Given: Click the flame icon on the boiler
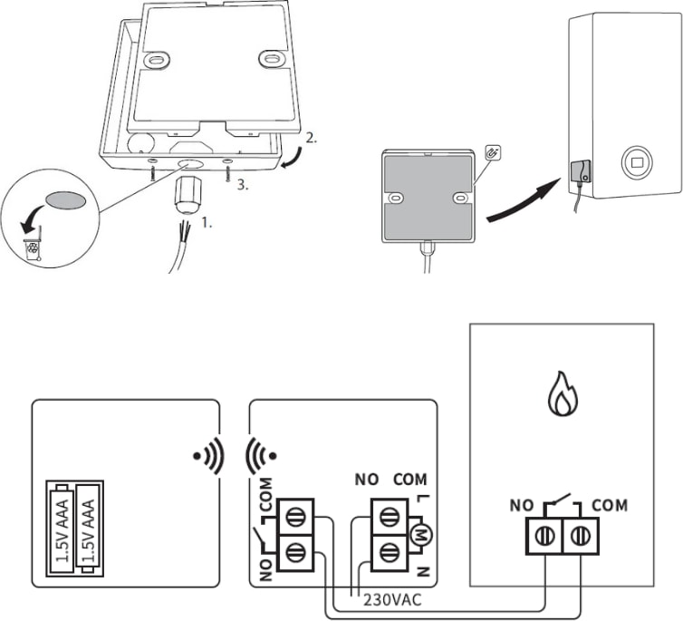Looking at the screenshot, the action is [562, 393].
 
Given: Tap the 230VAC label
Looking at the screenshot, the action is [392, 600].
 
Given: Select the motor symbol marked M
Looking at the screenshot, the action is [421, 535].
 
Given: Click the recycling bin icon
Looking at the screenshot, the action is [33, 249].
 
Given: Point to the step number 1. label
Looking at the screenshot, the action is [207, 223].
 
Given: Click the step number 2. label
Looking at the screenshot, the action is [311, 138].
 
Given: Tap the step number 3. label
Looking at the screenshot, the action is [243, 185].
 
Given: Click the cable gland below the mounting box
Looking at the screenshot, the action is [188, 195].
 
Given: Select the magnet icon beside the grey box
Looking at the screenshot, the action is [493, 153].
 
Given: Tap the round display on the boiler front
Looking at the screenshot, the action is [637, 162].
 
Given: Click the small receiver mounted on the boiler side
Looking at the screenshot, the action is [581, 170].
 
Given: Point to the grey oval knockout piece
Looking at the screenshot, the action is [65, 200].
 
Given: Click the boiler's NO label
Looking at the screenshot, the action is [522, 506].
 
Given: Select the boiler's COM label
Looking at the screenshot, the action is [610, 506].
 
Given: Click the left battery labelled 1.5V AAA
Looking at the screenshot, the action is [61, 529].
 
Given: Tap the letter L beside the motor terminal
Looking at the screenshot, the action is [422, 499].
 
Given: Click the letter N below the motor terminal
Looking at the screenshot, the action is [422, 571].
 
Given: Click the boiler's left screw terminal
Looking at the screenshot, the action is [544, 536].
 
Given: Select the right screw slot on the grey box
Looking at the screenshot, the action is [460, 199].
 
